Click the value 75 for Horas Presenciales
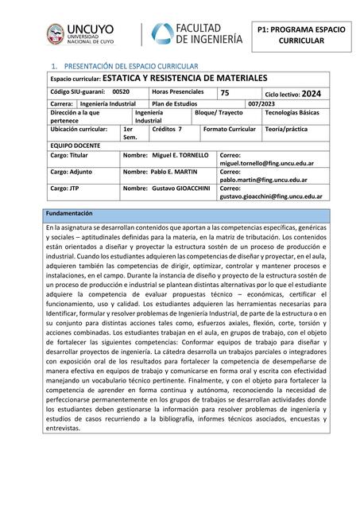coord(225,93)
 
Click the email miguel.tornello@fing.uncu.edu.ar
coord(266,163)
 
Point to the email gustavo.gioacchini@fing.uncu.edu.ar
coord(270,196)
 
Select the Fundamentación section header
coord(69,213)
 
